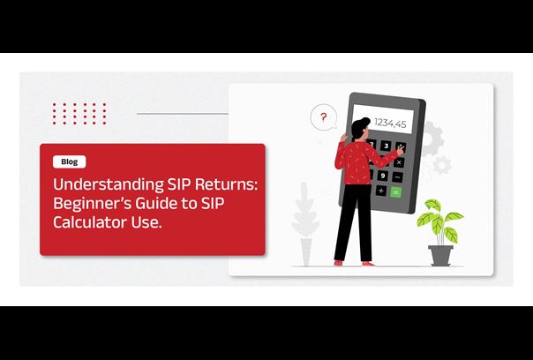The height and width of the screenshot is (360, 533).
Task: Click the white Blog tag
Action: click(70, 161)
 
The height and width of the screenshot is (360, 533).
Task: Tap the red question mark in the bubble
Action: click(324, 117)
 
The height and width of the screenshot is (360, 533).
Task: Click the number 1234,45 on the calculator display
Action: click(390, 123)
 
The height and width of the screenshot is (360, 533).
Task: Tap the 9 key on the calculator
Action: click(383, 176)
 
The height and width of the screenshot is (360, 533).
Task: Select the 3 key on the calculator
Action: click(387, 146)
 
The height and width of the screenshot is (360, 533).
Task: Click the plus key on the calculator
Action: click(380, 191)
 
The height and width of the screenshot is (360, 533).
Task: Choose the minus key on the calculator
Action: click(397, 177)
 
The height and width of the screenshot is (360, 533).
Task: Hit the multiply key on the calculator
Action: click(399, 162)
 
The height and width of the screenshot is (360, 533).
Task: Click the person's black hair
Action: click(359, 127)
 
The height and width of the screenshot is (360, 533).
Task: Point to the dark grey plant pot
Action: click(440, 255)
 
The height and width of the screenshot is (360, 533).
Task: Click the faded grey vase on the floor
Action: click(306, 251)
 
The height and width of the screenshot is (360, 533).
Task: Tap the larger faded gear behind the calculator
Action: click(432, 138)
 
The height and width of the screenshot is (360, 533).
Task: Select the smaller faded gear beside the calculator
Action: click(442, 165)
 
